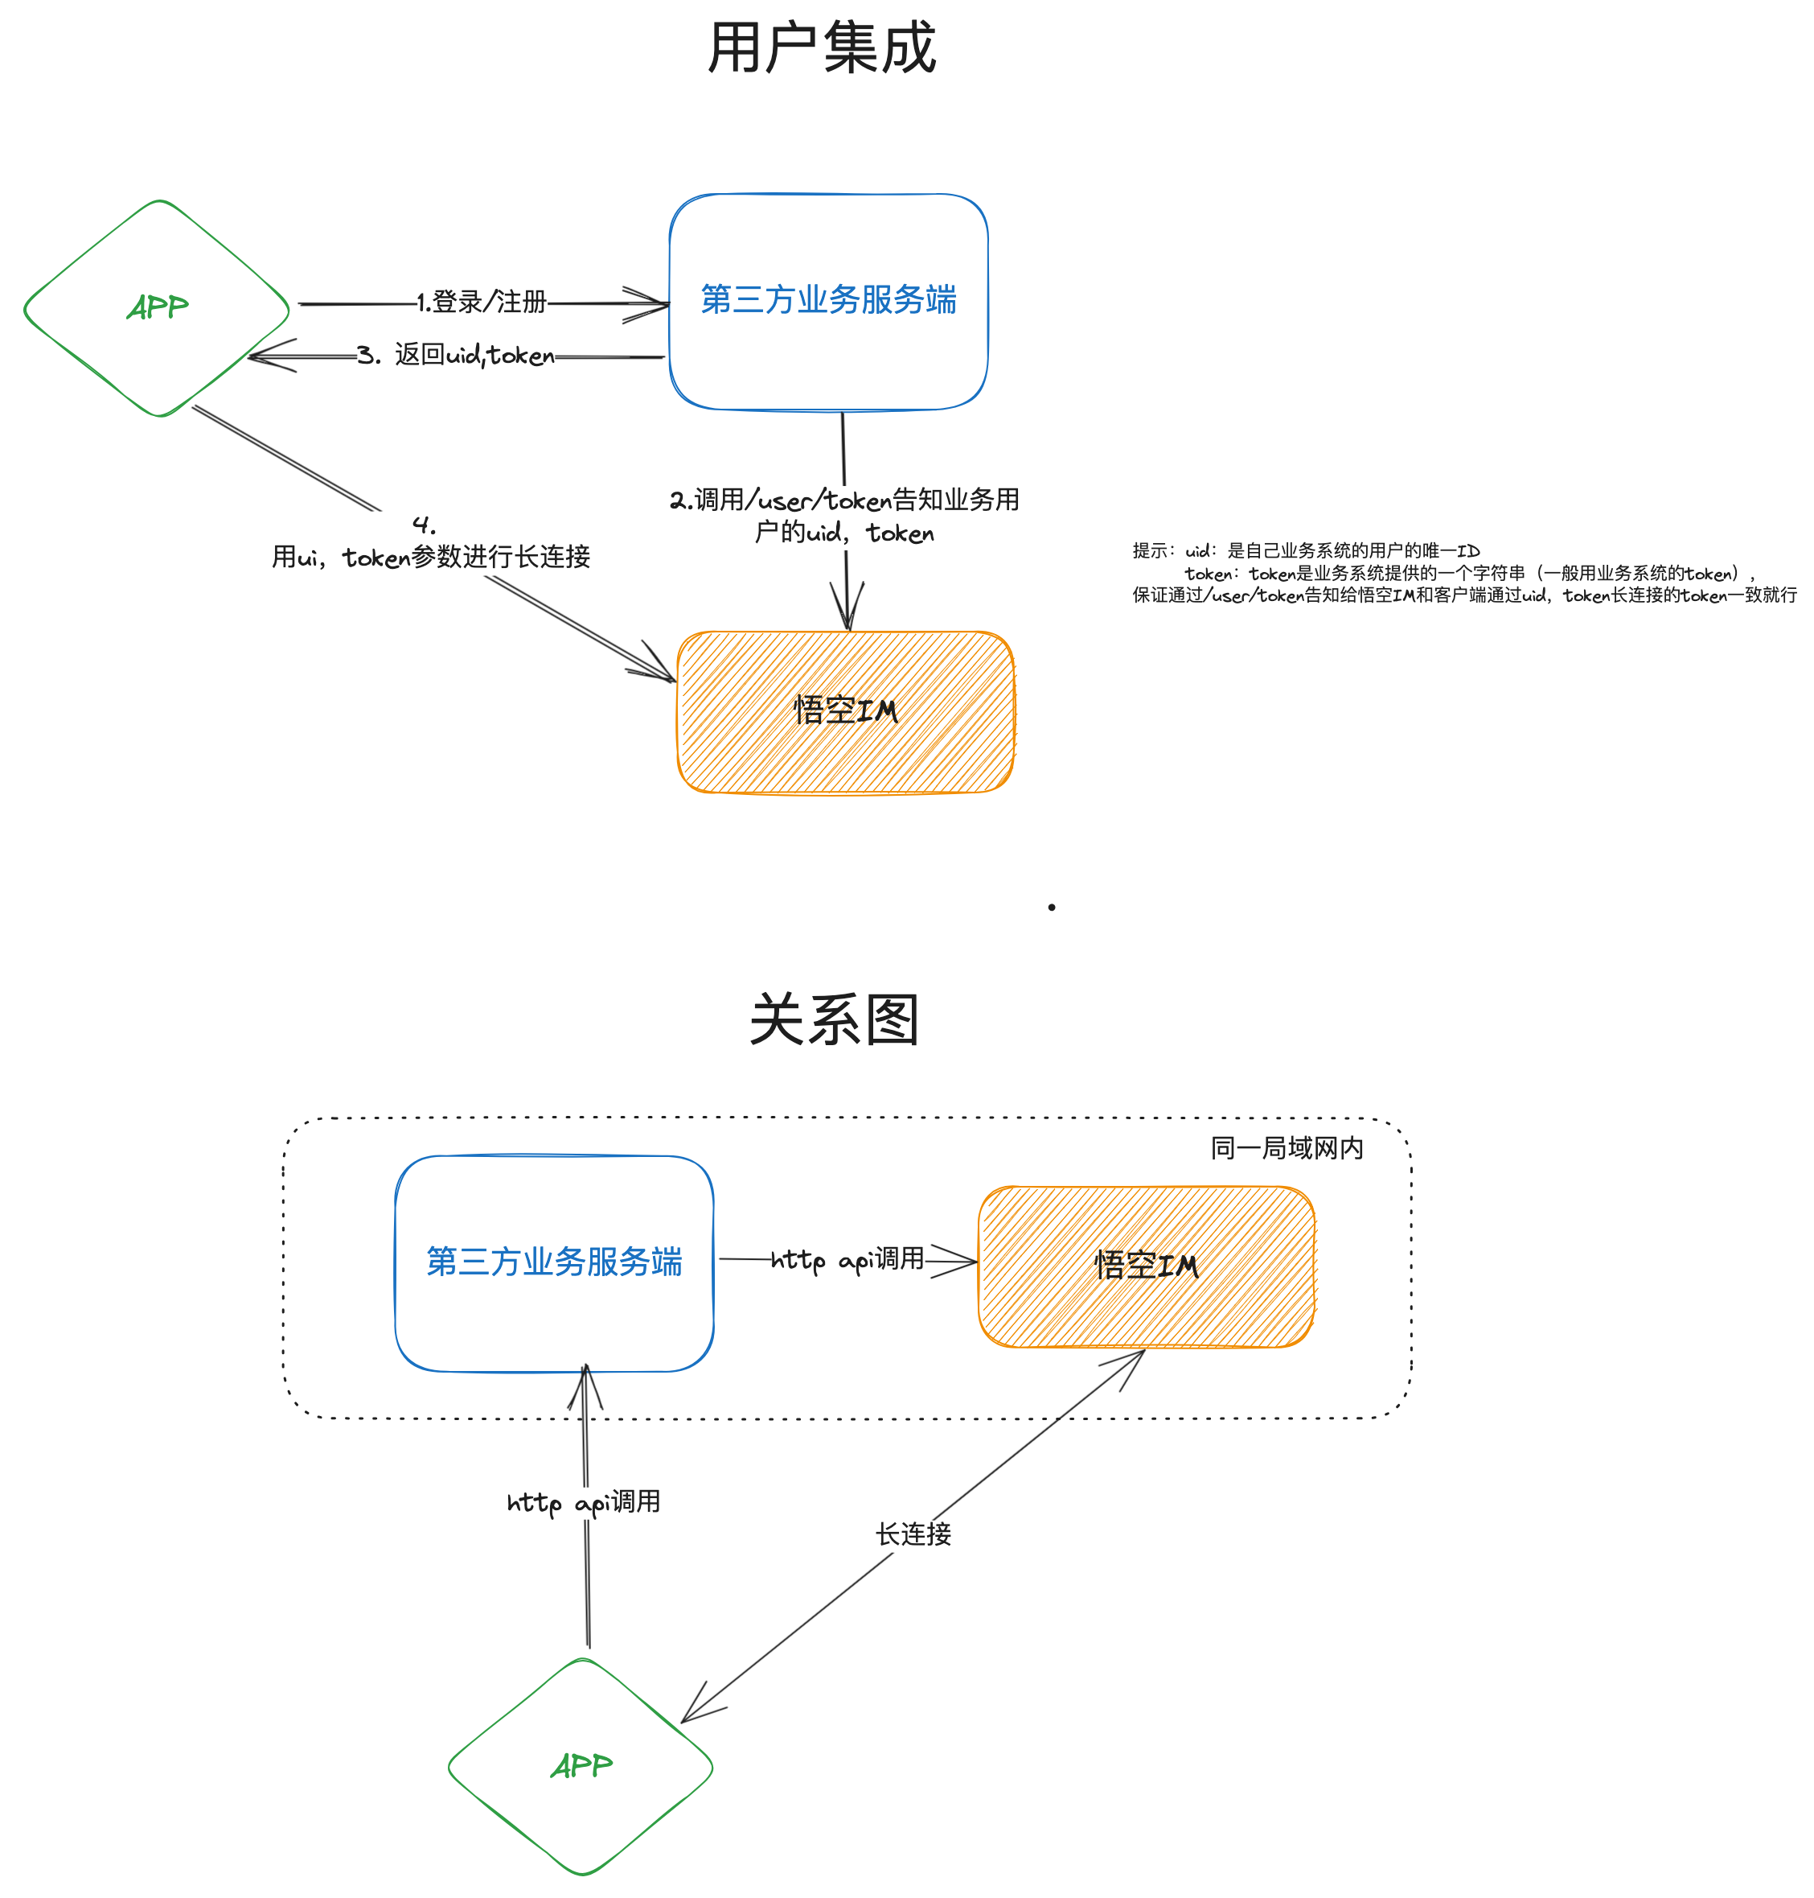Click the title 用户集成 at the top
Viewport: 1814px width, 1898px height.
[x=821, y=48]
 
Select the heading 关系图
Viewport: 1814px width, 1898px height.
[x=834, y=1019]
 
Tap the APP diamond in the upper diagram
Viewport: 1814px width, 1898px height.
[x=157, y=307]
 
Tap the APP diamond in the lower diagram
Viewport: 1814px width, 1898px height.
[x=581, y=1766]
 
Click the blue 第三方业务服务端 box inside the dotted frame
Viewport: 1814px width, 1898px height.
[x=554, y=1262]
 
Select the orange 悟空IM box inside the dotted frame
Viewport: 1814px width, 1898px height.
[x=1147, y=1266]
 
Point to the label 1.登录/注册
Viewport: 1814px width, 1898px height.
[x=482, y=302]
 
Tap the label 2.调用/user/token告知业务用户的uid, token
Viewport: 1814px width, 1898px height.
[x=844, y=516]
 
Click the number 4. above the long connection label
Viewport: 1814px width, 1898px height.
[x=424, y=525]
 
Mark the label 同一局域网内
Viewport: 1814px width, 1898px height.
[x=1287, y=1148]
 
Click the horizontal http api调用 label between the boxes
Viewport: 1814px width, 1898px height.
[x=847, y=1259]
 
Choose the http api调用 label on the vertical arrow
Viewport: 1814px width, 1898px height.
[x=584, y=1502]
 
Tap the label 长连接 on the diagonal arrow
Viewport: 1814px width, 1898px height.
[x=913, y=1534]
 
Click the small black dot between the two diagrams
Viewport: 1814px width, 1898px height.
[x=1051, y=908]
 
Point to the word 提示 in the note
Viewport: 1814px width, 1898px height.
[x=1151, y=550]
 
